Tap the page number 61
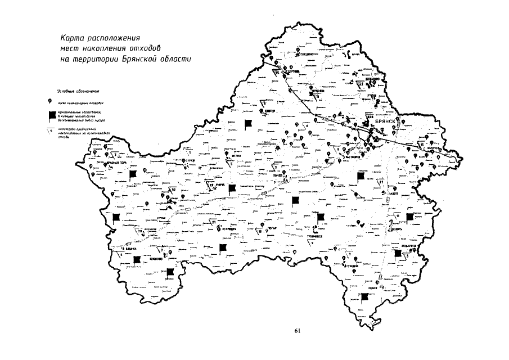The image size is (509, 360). [x=298, y=331]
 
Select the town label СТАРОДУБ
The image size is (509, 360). [x=228, y=230]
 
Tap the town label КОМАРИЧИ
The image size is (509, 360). [x=409, y=246]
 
